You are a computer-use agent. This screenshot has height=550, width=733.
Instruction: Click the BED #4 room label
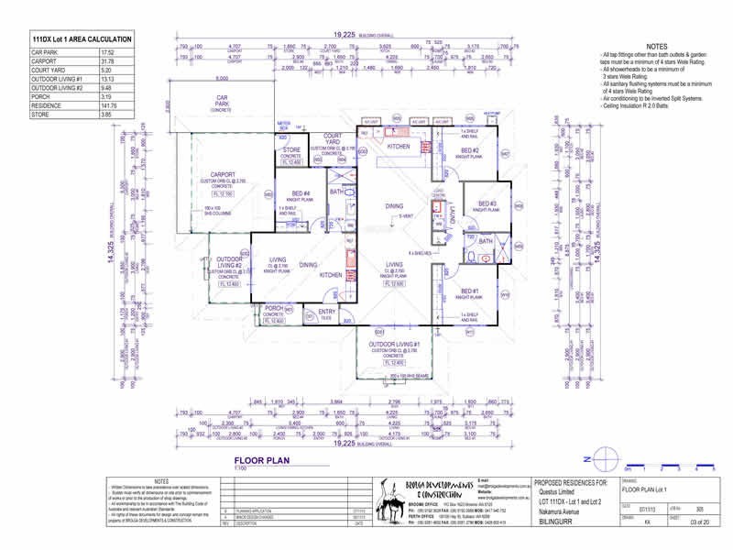tap(301, 193)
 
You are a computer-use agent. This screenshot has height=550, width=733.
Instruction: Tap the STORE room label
tap(291, 149)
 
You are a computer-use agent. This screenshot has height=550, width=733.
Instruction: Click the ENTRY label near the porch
tap(327, 312)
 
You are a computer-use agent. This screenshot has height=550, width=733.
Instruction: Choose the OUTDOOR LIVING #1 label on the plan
tap(400, 344)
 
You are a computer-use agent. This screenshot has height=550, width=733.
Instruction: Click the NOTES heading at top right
tap(657, 46)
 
